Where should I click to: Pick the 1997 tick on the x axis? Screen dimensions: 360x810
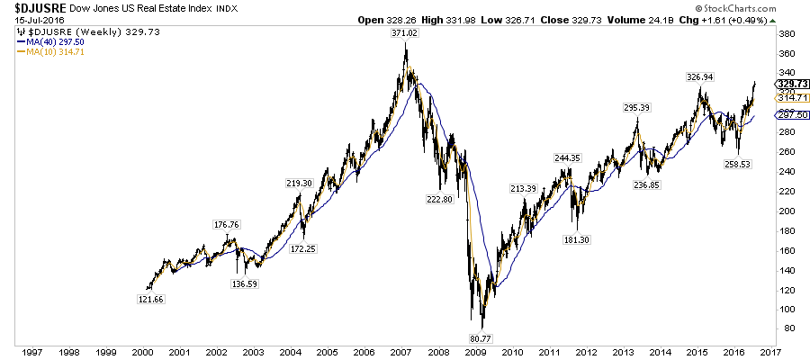tap(30, 352)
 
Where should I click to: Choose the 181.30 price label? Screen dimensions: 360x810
tap(577, 239)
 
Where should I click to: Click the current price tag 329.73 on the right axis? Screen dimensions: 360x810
tap(788, 83)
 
